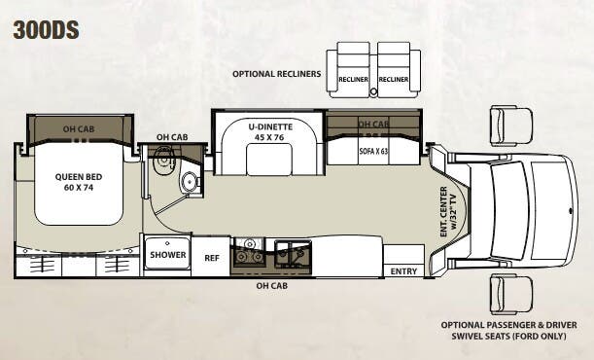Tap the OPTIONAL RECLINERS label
277,73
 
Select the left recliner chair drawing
352,71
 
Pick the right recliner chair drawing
393,71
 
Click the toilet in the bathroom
190,181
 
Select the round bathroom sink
162,161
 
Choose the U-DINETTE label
265,126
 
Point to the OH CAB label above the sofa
372,125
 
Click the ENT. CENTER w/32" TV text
448,211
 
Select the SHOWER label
167,256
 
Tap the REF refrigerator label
212,258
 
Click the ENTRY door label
402,272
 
